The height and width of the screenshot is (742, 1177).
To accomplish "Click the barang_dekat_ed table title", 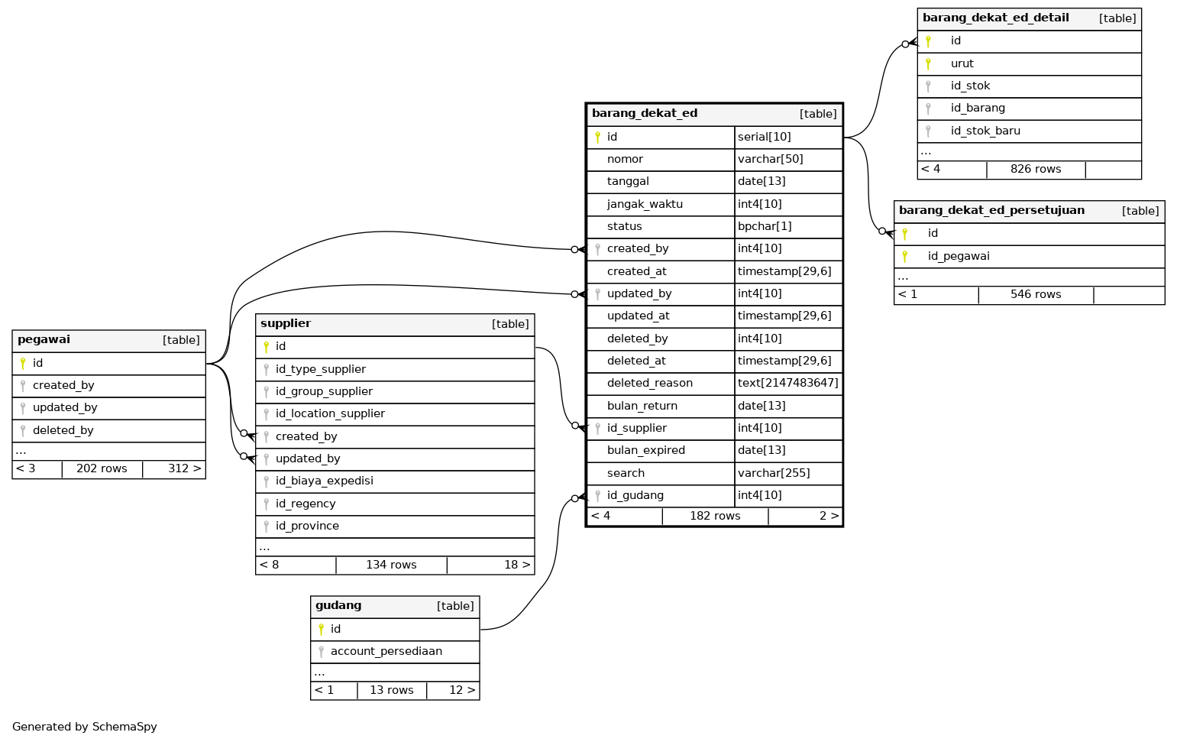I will [645, 114].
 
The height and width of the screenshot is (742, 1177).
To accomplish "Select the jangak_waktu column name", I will [645, 204].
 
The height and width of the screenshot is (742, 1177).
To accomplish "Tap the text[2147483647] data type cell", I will [787, 383].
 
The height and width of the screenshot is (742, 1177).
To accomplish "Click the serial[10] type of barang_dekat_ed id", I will [764, 137].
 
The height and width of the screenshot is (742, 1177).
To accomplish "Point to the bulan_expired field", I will [645, 450].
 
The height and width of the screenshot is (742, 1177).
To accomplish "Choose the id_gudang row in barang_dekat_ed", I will [635, 495].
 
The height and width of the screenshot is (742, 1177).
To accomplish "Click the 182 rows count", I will [715, 516].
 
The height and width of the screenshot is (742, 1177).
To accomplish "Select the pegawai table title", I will [44, 340].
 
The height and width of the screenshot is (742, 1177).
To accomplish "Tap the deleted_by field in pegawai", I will [63, 430].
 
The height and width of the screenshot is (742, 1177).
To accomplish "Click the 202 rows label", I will [102, 468].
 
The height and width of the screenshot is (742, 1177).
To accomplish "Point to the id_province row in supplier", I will [307, 526].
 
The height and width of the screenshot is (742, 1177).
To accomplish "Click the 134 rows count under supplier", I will [391, 565].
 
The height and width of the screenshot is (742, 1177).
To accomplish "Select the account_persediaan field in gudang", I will [386, 651].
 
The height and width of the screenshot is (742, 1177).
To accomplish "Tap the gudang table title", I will [338, 606].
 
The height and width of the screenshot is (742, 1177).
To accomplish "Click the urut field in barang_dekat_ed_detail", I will [962, 63].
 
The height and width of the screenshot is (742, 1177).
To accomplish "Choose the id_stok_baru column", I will [985, 131].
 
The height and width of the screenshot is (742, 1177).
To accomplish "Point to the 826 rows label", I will [1035, 169].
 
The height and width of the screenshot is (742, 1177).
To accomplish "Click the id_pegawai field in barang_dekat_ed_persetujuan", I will [959, 256].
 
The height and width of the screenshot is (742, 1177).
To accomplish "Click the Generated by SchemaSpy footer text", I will [85, 727].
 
